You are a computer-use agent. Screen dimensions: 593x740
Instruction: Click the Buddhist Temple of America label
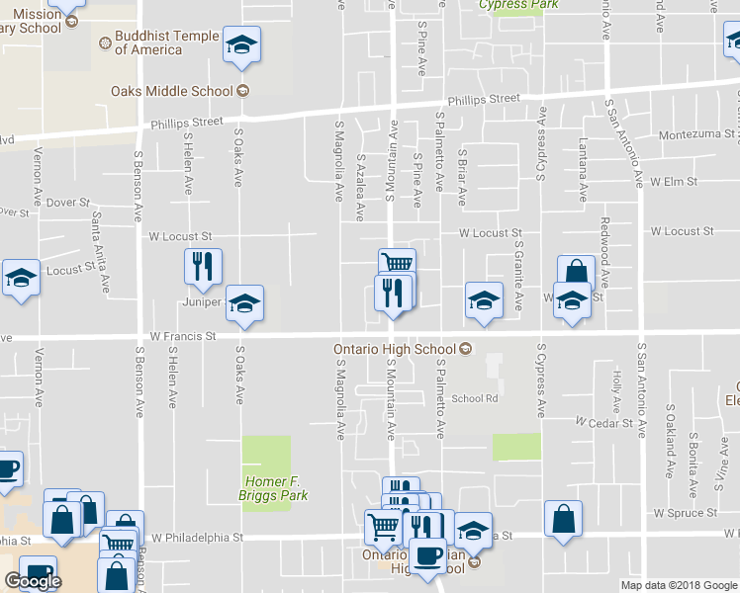[x=158, y=43]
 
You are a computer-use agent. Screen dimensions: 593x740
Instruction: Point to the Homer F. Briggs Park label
[x=266, y=487]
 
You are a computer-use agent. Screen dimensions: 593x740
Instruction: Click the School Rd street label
[x=475, y=398]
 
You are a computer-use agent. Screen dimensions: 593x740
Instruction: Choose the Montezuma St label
[x=698, y=133]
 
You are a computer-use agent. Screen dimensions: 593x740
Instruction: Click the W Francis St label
[x=183, y=336]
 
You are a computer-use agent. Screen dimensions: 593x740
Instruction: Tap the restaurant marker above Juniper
[x=203, y=266]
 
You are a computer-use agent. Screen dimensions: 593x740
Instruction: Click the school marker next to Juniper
[x=244, y=302]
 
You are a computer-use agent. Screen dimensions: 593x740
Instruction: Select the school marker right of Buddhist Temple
[x=240, y=45]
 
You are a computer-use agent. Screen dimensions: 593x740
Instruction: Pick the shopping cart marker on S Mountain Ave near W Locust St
[x=397, y=263]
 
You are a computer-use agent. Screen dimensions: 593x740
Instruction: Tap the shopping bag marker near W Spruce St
[x=563, y=518]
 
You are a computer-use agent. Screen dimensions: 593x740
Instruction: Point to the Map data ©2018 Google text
[x=679, y=585]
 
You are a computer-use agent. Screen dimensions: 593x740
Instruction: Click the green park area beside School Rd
[x=516, y=447]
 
